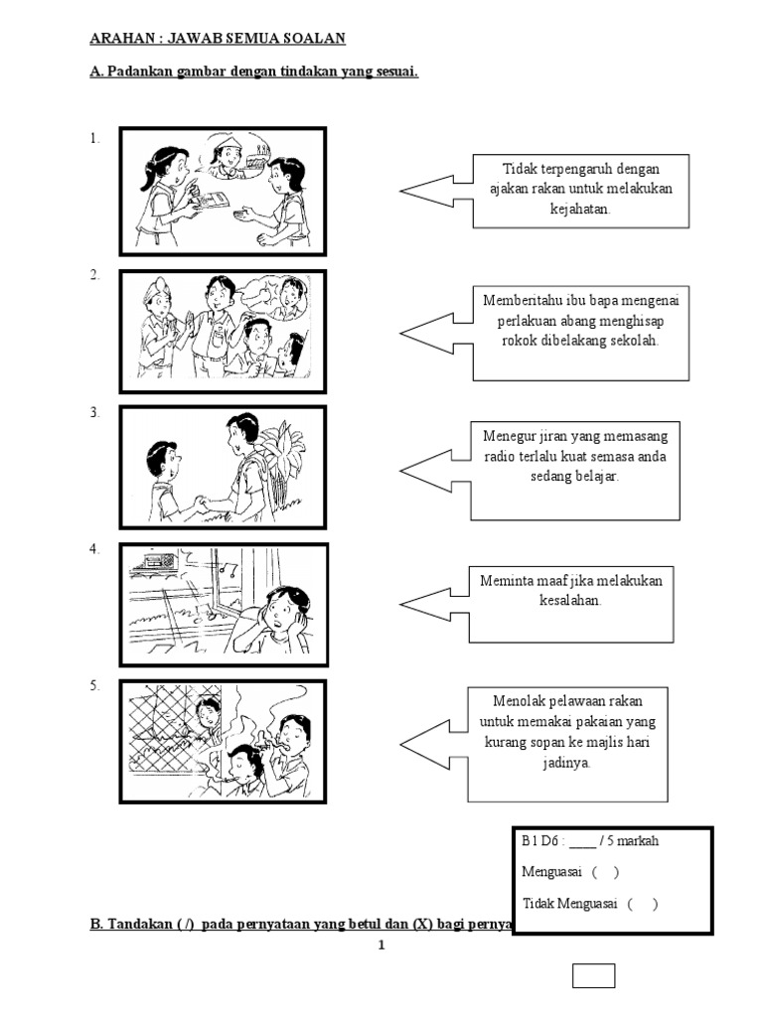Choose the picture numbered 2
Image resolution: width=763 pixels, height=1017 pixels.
click(223, 330)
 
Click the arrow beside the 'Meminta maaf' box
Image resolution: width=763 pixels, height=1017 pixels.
click(433, 603)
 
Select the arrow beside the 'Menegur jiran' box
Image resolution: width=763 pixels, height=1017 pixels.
click(433, 467)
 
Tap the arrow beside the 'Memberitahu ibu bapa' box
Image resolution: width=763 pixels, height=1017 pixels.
click(434, 330)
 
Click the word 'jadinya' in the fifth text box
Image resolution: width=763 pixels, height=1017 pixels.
click(567, 763)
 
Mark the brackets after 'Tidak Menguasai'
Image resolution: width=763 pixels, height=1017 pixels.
click(642, 904)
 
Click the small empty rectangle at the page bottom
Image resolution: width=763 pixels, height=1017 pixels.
click(593, 976)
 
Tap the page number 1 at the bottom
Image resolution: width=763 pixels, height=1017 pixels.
click(381, 945)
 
